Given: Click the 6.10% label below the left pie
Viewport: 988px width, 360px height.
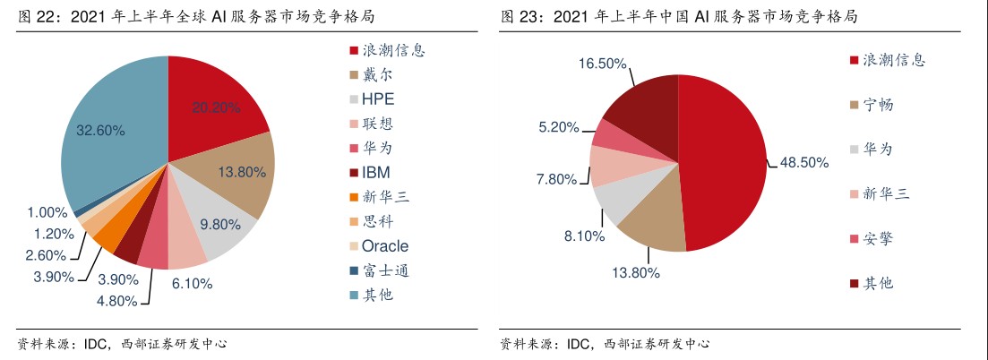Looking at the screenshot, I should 192,283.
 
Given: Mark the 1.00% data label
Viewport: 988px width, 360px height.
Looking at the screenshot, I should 47,213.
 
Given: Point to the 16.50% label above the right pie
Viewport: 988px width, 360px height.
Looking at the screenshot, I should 602,64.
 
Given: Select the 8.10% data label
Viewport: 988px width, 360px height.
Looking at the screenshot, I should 583,236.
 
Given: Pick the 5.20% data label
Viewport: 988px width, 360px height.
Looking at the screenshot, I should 560,128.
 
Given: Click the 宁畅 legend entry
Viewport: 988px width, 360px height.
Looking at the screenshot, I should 878,105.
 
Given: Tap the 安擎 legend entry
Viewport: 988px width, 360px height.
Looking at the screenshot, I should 878,238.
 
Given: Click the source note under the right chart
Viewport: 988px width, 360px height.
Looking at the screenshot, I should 605,344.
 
